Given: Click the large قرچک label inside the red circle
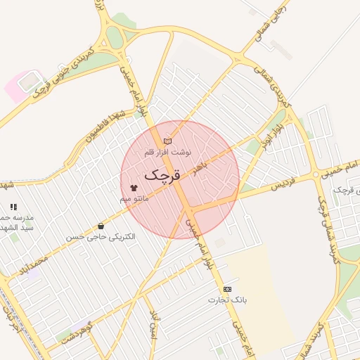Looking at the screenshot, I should coord(162,175).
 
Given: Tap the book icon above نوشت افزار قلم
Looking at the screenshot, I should coord(167,141).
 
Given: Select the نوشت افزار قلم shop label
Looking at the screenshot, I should coord(167,152).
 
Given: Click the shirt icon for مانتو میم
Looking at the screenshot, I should coord(134,188).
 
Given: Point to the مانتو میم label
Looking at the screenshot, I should coord(134,200).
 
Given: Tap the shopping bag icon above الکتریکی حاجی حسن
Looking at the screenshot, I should coord(101,226).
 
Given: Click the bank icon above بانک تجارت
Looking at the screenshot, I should coord(227,289).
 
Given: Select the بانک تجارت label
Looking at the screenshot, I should coord(228,300).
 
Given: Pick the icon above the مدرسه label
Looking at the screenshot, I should coord(13,207).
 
